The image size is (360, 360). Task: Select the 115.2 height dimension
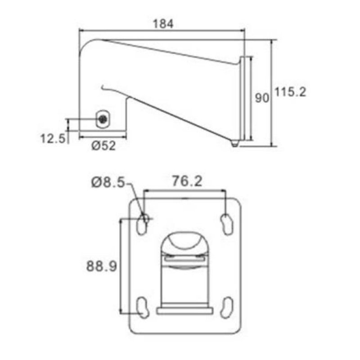[x=291, y=92]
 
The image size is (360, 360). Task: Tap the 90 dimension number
[x=262, y=98]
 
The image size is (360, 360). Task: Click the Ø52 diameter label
[x=103, y=146]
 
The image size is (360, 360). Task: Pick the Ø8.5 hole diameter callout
[x=108, y=182]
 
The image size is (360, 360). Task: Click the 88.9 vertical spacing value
[x=102, y=266]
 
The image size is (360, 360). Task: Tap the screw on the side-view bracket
[x=104, y=119]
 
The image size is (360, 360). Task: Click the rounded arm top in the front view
[x=184, y=242]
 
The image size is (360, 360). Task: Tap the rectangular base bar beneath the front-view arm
[x=184, y=310]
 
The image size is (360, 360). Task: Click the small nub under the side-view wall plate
[x=234, y=143]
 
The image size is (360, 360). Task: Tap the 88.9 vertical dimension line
[x=121, y=265]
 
